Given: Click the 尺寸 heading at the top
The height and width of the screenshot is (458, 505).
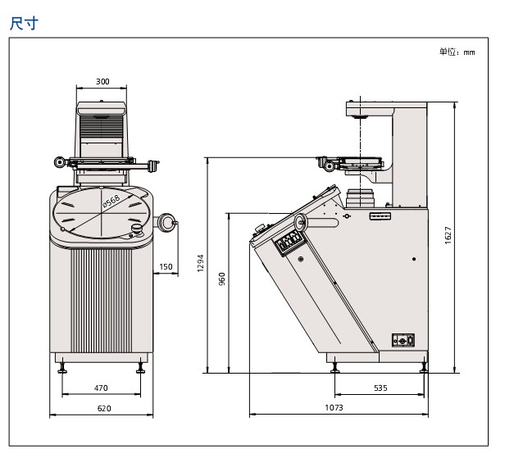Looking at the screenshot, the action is click(24, 24).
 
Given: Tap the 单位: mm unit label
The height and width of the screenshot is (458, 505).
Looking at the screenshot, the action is click(457, 52).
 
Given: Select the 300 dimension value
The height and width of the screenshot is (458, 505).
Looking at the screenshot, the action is click(102, 81).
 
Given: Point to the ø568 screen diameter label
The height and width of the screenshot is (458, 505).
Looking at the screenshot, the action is click(111, 202).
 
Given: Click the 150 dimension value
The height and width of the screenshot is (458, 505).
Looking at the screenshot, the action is click(166, 266).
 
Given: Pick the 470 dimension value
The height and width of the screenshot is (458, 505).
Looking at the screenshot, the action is click(101, 388).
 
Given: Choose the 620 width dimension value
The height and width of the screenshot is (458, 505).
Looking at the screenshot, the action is click(104, 408).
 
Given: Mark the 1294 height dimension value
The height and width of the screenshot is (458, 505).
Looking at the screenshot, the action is click(200, 263).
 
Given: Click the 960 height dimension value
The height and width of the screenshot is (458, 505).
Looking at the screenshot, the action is click(221, 279).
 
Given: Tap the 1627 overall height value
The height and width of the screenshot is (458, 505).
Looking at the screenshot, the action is click(448, 235).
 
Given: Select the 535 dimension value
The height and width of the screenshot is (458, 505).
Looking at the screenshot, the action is click(380, 388).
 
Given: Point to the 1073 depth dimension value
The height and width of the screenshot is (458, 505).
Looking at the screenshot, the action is click(334, 407).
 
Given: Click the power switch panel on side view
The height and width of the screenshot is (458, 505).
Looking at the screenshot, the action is click(403, 340).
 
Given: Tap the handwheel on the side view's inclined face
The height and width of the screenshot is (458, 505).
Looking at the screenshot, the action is click(301, 222).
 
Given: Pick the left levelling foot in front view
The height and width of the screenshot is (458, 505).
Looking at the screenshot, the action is click(62, 368).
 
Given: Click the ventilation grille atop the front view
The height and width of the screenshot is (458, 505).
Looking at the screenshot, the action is click(102, 125).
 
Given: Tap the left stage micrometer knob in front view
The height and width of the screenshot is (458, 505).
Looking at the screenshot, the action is click(60, 162).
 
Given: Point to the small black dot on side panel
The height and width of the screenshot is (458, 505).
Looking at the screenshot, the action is click(414, 259).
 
